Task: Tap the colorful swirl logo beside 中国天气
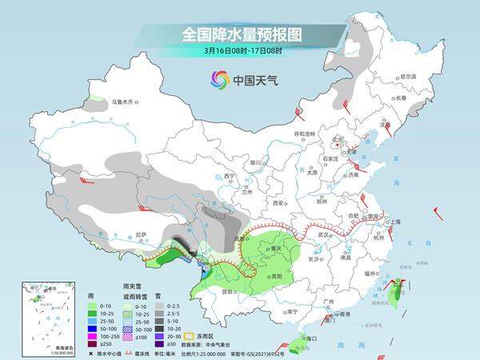(219, 79)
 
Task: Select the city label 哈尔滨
(407, 76)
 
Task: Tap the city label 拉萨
(141, 234)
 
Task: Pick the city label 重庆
(278, 248)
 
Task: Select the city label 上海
(394, 222)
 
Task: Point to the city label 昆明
(230, 290)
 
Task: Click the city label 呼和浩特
(303, 133)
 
